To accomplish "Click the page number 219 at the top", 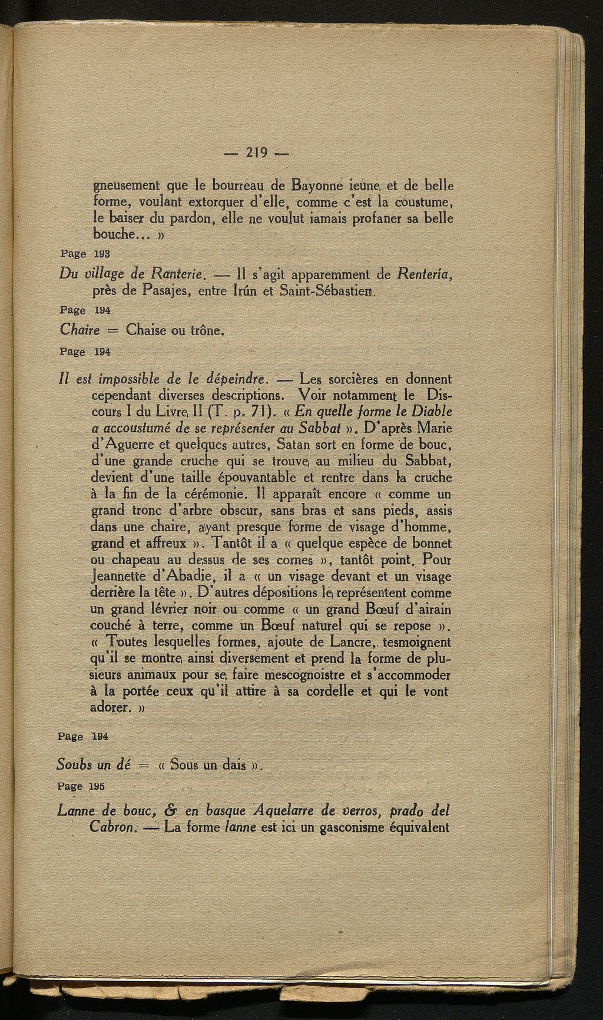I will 257,153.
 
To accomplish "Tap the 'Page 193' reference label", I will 86,253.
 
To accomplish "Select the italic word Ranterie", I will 177,274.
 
